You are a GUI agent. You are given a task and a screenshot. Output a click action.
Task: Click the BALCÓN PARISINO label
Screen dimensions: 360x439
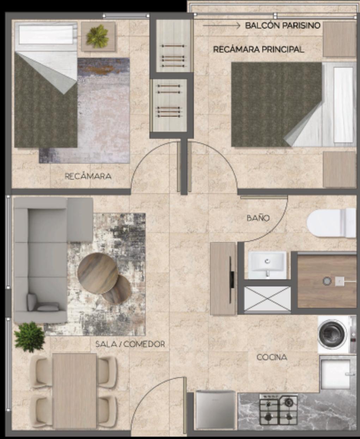point(282,25)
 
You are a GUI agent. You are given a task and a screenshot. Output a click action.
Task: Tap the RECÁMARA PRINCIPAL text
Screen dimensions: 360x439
point(258,49)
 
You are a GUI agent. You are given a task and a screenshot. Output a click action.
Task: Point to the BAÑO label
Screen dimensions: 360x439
point(258,218)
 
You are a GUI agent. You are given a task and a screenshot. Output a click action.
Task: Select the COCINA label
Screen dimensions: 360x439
point(272,358)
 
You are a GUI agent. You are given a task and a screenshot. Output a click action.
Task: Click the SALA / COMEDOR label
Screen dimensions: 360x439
point(130,344)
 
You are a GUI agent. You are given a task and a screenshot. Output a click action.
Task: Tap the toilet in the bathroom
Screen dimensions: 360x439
point(331,223)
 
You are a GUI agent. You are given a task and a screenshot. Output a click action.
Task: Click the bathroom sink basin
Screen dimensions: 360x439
point(267,265)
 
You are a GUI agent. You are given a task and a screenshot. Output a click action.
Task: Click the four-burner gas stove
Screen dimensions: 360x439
point(279,412)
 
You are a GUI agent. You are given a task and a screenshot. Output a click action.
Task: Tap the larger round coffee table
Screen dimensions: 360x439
point(98,273)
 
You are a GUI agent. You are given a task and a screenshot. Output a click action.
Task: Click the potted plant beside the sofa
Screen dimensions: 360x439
point(29,337)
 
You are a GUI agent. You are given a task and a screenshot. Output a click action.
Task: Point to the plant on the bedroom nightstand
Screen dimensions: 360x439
point(98,37)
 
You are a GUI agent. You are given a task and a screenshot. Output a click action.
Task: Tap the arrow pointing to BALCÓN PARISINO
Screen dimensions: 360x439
point(221,26)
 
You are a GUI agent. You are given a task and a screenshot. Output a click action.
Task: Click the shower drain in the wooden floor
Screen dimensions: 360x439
point(327,281)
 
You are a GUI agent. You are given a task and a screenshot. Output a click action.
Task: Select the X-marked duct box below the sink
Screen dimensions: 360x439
point(267,299)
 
